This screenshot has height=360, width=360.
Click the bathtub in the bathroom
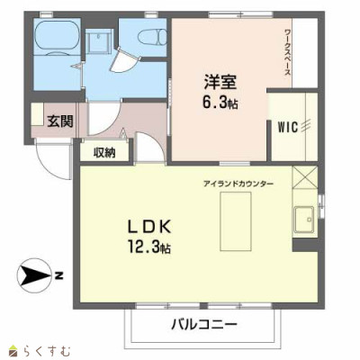tap(57, 37)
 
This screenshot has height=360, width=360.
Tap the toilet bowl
tap(152, 37)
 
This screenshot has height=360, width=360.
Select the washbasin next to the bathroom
tap(98, 41)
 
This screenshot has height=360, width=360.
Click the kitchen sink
tap(304, 220)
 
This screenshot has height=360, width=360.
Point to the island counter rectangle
tap(236, 221)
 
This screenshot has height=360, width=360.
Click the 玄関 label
tap(60, 121)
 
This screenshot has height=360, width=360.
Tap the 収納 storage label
tap(104, 153)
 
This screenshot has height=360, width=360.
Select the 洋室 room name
tap(220, 82)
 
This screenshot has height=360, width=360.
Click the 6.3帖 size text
tap(220, 103)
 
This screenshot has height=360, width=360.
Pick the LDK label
tap(149, 227)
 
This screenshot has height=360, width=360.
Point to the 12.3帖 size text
tap(149, 247)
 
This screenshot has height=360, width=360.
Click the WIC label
tap(288, 127)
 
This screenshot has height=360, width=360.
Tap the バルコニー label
tap(204, 324)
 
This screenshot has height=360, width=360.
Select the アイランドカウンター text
tap(238, 184)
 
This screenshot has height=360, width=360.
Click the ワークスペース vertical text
tap(287, 53)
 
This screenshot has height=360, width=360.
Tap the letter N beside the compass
tap(59, 275)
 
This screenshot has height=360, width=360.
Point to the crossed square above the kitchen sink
tap(304, 177)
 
